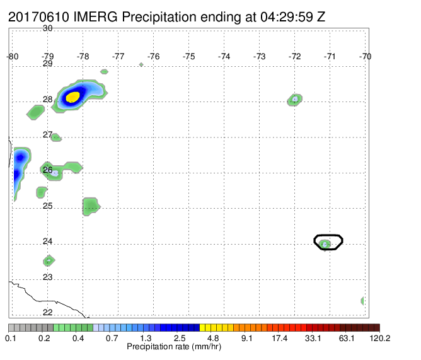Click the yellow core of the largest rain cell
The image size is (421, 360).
point(72,97)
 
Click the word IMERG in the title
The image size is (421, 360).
point(95,17)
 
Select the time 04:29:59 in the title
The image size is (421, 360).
point(287,17)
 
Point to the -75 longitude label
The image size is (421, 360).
point(188,56)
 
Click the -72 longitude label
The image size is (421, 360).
point(294,56)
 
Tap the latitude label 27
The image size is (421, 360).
point(47,134)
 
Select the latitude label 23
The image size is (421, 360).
point(47,277)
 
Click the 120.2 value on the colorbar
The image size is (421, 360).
point(380,338)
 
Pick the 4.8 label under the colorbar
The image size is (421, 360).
point(213,338)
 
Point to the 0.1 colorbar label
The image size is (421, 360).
point(11,338)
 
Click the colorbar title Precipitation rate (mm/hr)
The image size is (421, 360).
point(174,347)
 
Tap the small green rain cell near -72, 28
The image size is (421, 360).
point(295,100)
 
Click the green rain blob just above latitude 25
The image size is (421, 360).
point(91,207)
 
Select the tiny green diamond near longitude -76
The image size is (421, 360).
point(141,64)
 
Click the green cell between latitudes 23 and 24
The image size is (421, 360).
point(49,260)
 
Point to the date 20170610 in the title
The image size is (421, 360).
point(38,17)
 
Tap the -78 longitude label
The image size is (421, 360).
point(83,56)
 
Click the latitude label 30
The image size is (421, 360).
point(47,28)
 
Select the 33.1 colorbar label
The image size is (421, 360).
point(313,338)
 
